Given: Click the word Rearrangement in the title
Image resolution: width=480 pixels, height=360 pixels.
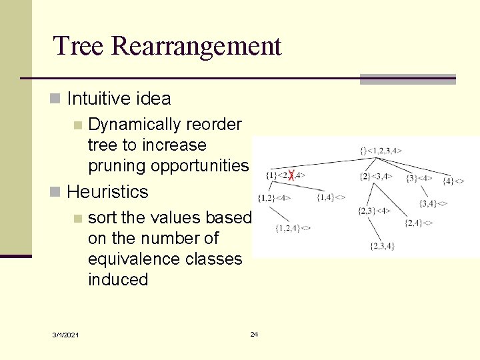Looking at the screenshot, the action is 197,47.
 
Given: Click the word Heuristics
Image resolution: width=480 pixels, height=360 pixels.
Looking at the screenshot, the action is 107,192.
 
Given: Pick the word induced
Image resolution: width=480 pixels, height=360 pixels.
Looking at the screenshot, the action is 118,279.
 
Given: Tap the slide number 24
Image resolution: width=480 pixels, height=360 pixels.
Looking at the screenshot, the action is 254,334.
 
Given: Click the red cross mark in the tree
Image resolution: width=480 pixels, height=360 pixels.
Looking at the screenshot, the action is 291,175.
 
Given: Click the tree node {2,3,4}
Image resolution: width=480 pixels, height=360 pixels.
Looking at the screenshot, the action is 381,246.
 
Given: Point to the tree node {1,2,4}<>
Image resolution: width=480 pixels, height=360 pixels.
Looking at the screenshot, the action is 293,228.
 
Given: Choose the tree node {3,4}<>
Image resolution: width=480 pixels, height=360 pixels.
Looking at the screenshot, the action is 433,203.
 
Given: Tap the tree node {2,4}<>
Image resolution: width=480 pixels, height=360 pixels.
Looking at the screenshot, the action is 419,223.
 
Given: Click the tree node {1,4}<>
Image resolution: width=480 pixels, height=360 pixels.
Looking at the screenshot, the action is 331,197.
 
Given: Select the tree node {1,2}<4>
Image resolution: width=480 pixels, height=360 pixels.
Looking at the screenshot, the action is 275,197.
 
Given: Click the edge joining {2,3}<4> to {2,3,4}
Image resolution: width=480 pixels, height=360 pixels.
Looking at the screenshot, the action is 377,229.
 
